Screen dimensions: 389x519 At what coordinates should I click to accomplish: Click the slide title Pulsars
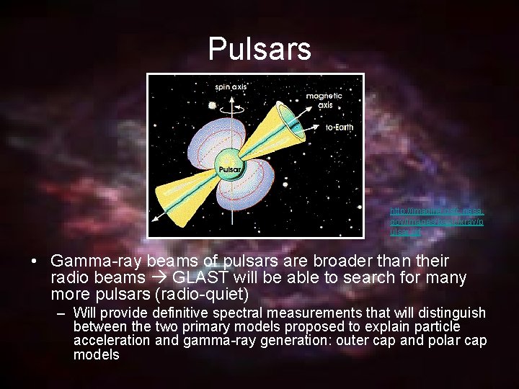(x=259, y=49)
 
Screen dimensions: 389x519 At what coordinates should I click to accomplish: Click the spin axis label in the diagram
(x=231, y=87)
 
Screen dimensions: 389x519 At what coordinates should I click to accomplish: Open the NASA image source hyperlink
(x=437, y=223)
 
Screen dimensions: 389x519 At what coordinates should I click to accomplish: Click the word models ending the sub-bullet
(x=97, y=354)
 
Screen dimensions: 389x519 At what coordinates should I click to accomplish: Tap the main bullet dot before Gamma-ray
(x=35, y=260)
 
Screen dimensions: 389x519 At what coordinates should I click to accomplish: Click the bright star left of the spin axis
(x=212, y=105)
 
